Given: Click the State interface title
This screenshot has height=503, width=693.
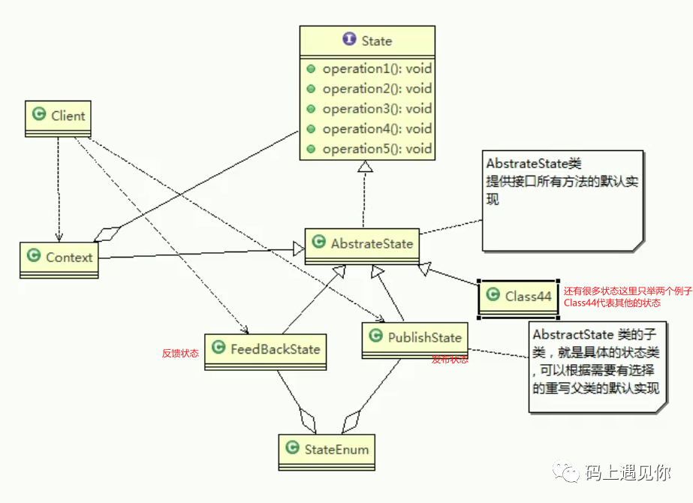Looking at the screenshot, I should click(376, 41).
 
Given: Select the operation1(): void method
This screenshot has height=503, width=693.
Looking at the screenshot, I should click(377, 69).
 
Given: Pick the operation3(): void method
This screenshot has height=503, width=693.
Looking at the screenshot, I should click(377, 109).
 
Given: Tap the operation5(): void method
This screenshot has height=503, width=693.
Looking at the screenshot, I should click(377, 149).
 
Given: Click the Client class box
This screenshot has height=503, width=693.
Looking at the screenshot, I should click(59, 117).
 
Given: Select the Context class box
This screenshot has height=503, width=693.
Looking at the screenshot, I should click(59, 258).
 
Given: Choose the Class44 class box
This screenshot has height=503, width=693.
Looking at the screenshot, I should click(519, 297).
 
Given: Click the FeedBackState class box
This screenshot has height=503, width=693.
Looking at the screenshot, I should click(266, 350).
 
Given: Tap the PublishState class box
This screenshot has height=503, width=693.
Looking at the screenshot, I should click(414, 339).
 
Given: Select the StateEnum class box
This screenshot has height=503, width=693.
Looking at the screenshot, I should click(327, 450).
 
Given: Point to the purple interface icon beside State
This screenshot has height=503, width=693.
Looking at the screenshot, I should click(349, 41).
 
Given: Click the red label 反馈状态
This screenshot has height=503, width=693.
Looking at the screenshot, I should click(180, 353).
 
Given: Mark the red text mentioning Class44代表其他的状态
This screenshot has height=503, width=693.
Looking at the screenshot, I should click(612, 303).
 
